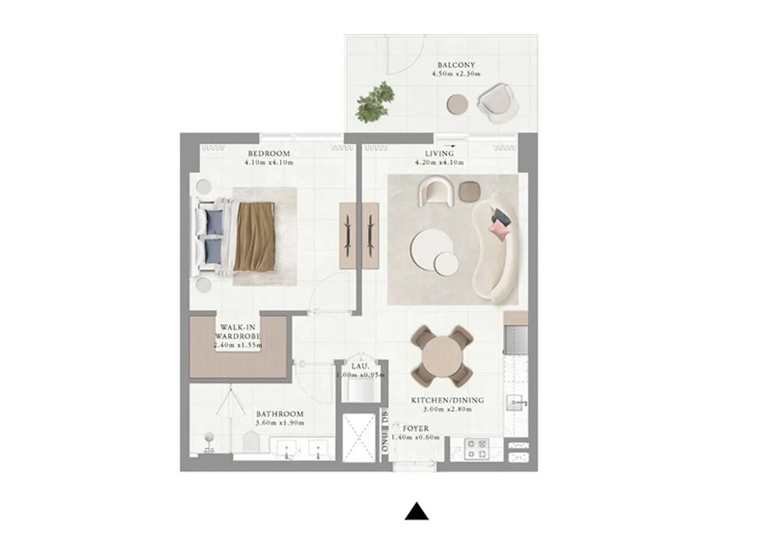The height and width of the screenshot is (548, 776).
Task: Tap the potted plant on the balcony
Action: coord(375,101)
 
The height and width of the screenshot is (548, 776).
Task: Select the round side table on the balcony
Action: coord(457,104)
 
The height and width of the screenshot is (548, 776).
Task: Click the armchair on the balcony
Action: coord(498,103)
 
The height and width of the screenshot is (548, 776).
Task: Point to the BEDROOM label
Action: coord(269,153)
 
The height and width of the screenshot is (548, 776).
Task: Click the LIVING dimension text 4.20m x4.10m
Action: coord(440,162)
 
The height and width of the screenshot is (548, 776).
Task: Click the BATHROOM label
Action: coord(280,414)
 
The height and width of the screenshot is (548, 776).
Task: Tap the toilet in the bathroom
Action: coord(251,442)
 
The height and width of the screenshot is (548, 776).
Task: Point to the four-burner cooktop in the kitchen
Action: coord(477,449)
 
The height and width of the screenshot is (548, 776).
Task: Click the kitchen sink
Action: coord(516,403)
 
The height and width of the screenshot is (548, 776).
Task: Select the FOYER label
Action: coord(415,429)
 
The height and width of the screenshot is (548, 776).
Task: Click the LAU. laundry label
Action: coord(360,366)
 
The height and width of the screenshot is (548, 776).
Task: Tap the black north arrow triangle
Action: coord(416,511)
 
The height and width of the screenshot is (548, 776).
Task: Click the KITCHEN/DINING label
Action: coord(447,400)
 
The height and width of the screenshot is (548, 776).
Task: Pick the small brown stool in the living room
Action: coord(469,191)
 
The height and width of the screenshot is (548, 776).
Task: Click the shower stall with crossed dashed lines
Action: coord(358,438)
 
